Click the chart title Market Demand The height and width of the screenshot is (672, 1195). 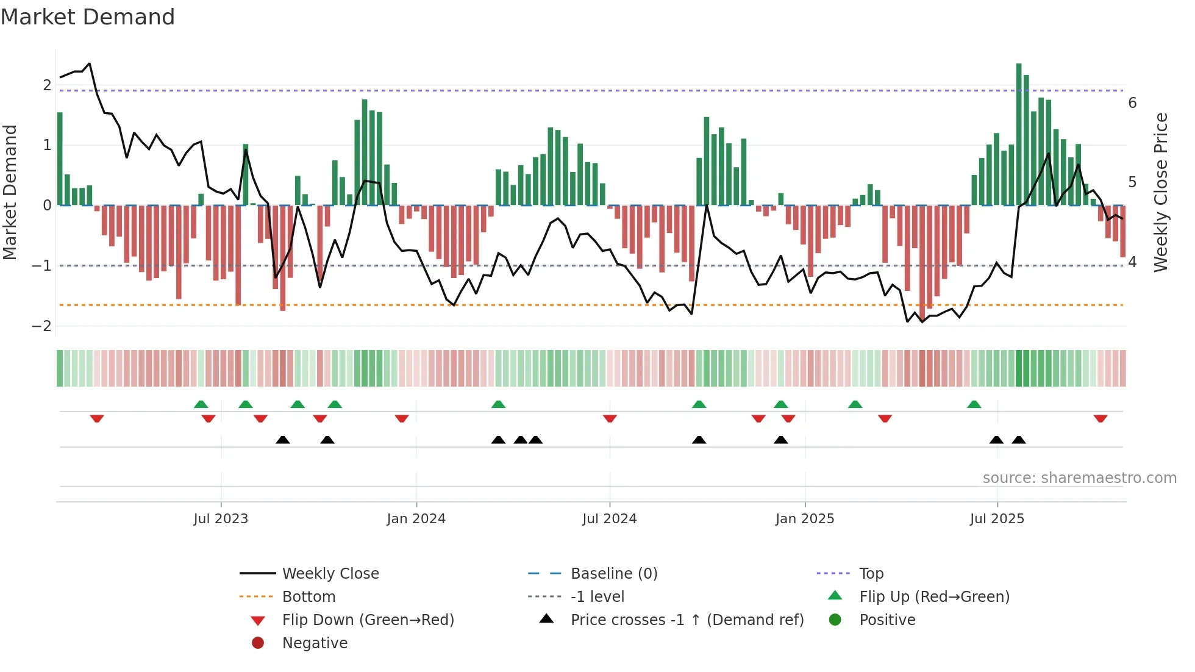pos(88,17)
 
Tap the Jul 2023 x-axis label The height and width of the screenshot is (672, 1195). pos(221,519)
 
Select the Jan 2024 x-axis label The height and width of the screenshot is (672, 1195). pos(416,519)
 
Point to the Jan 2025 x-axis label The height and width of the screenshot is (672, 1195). pos(805,519)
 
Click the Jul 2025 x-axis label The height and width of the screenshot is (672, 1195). pos(997,519)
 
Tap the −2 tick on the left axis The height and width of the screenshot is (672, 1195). pos(42,326)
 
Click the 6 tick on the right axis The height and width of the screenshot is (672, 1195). pos(1132,102)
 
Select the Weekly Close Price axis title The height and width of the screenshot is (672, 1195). pos(1161,192)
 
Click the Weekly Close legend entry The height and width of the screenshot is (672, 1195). pos(330,574)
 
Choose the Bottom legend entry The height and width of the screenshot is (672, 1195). pos(309,597)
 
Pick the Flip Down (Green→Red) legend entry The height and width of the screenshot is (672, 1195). pos(368,620)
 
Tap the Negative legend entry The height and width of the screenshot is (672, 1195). pos(315,643)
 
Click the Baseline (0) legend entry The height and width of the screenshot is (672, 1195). pos(613,574)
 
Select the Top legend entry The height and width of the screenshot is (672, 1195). pos(871,574)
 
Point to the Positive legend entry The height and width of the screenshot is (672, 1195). pos(887,620)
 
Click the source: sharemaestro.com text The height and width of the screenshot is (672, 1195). pos(1079,478)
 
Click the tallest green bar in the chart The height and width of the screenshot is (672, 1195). pos(1019,134)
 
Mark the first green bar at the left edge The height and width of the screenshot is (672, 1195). pos(60,159)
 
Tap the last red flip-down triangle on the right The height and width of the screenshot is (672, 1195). pos(1100,419)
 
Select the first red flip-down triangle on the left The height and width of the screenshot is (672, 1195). pos(97,419)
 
